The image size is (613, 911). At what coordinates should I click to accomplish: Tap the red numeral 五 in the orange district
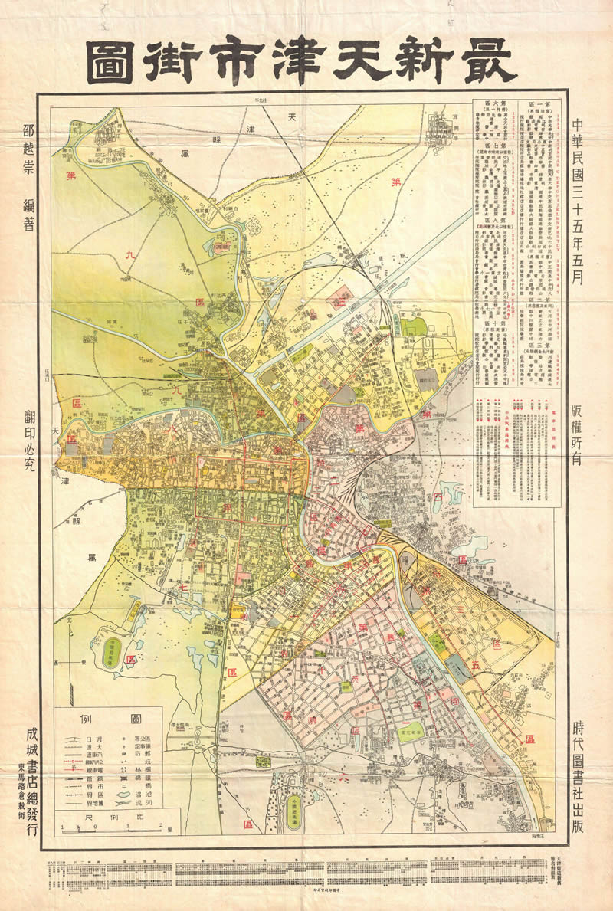pyautogui.click(x=477, y=664)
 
